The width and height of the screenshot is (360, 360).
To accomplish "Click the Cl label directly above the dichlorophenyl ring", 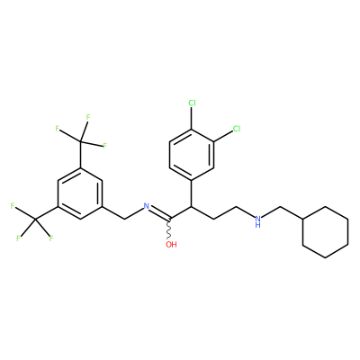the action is tap(192, 103).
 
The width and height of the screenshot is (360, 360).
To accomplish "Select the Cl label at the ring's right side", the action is tap(237, 129).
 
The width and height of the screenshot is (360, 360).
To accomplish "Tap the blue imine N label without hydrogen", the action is tap(147, 206).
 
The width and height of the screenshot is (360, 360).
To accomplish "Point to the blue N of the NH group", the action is tap(257, 219).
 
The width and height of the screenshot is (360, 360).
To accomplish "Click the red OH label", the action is tap(171, 245).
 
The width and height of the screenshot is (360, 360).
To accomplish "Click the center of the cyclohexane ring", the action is tap(326, 232).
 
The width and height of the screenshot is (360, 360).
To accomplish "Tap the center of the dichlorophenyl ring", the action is tap(192, 155).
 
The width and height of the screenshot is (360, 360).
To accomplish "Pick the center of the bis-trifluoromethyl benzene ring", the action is tap(80, 193).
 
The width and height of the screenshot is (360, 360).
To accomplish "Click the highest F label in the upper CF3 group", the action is tap(88, 117).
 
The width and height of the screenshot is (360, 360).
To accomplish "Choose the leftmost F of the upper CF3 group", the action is tap(57, 129).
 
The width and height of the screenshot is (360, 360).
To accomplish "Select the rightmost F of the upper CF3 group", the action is tap(105, 146).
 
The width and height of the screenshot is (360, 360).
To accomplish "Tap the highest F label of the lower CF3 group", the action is tap(13, 206).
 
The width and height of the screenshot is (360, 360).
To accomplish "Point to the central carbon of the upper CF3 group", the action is tap(80, 141).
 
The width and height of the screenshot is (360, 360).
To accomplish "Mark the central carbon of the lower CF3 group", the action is tap(35, 220).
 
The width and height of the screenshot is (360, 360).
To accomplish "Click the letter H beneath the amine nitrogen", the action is tap(257, 225).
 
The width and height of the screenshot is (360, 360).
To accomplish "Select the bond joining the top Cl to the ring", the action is tap(192, 118).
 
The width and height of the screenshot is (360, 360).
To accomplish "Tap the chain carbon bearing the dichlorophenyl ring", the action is tap(192, 206).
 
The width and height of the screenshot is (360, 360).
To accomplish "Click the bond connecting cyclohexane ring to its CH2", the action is tap(292, 213).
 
